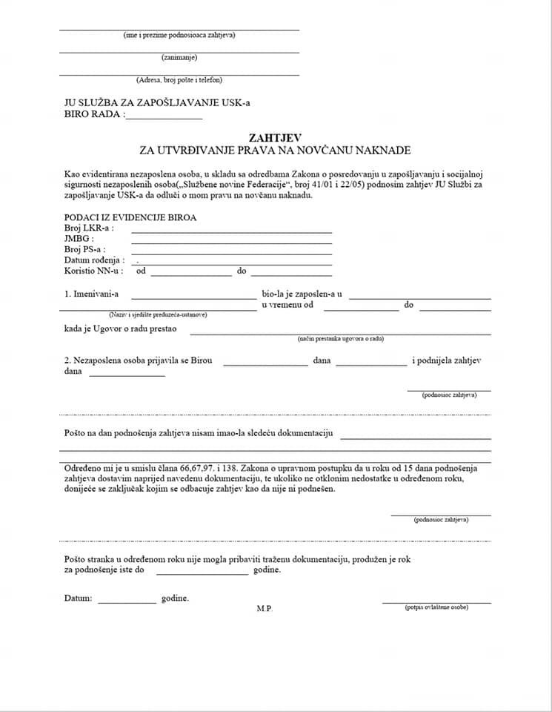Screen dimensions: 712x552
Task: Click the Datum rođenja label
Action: [x=94, y=260]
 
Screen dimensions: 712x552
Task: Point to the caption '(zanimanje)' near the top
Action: [x=179, y=57]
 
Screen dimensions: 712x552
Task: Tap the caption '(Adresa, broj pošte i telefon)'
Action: [x=179, y=79]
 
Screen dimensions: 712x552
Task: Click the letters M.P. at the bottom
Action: [x=265, y=609]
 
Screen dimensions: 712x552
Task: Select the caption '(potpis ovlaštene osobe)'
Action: [x=436, y=607]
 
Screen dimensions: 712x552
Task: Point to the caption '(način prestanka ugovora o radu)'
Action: [x=341, y=338]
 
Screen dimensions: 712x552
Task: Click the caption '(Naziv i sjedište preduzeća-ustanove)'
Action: [x=158, y=314]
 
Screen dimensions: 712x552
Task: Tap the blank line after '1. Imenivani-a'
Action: [x=193, y=297]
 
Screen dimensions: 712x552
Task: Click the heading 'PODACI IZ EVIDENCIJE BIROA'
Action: [x=130, y=218]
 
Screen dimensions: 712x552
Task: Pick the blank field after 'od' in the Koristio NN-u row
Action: [x=192, y=274]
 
